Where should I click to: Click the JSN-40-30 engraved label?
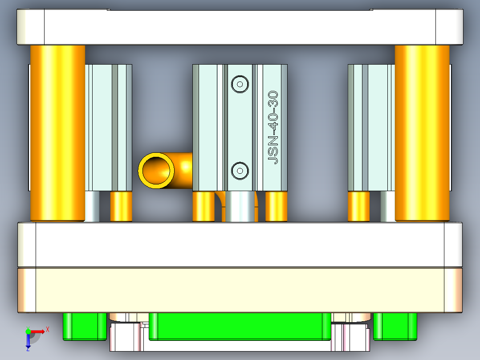(x=273, y=128)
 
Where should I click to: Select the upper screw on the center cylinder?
(x=240, y=84)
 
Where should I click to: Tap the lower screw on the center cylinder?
(x=240, y=170)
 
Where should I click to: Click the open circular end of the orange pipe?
(x=156, y=170)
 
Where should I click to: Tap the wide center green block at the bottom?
(x=240, y=326)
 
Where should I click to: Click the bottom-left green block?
(x=85, y=326)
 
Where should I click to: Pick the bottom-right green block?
(x=395, y=326)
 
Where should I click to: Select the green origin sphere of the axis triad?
(x=28, y=331)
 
